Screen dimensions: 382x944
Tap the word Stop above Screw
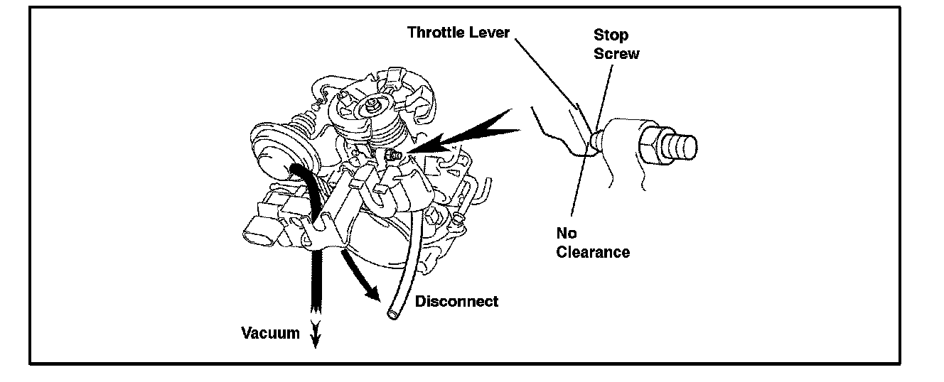click(611, 35)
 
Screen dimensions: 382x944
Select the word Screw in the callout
click(616, 53)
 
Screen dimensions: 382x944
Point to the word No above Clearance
click(567, 234)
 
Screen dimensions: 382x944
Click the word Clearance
click(593, 252)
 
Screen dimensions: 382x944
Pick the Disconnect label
click(456, 301)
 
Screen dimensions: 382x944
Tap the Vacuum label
click(270, 333)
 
